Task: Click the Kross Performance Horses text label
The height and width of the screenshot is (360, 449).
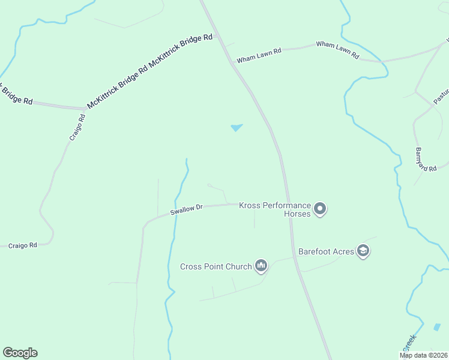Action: [x=275, y=209]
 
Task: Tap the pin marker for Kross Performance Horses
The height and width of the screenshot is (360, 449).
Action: [x=320, y=209]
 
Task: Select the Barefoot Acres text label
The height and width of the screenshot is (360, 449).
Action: [x=326, y=251]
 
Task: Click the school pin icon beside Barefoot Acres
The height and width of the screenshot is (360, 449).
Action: [x=363, y=250]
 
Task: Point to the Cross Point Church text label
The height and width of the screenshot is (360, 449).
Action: [x=215, y=266]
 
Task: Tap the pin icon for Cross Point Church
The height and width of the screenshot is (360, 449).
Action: [x=261, y=265]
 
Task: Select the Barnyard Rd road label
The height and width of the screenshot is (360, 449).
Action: [x=426, y=160]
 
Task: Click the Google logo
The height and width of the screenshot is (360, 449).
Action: [x=20, y=353]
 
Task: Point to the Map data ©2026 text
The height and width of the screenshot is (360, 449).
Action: [x=423, y=355]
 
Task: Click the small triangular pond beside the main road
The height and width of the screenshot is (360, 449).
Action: [x=237, y=127]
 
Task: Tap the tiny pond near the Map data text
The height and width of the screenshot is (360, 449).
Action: [x=437, y=327]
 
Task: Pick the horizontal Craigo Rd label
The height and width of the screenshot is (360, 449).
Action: [x=22, y=245]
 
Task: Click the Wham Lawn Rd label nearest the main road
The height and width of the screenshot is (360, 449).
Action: [x=259, y=56]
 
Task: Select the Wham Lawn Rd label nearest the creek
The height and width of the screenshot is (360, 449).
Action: [x=337, y=49]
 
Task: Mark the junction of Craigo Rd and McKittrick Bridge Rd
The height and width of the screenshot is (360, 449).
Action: [x=83, y=109]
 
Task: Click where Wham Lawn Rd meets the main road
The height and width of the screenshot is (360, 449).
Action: [x=232, y=61]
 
